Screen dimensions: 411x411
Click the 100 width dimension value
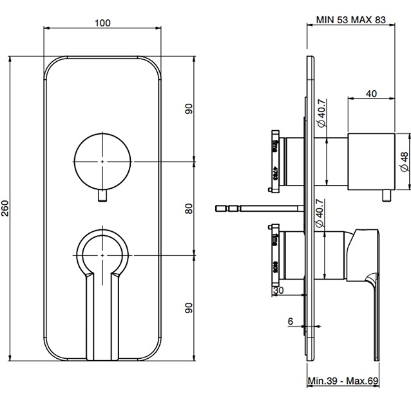(x=102, y=23)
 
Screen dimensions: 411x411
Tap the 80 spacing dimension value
(x=189, y=208)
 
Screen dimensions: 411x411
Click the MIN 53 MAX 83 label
(x=351, y=20)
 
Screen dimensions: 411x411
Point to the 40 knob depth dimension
(x=370, y=93)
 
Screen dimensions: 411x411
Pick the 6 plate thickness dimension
(x=291, y=320)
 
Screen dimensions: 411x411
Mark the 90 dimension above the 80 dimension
(x=189, y=109)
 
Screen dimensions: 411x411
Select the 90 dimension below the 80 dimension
(x=189, y=307)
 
